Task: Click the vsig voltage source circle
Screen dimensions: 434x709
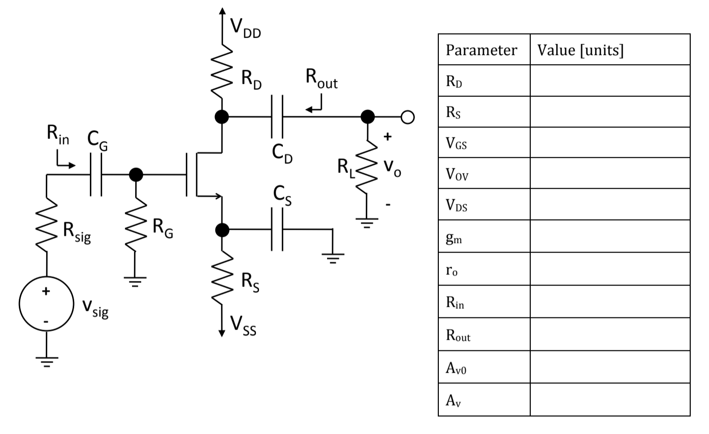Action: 46,304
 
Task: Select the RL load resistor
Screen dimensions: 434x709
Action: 367,167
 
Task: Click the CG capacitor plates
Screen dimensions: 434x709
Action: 96,175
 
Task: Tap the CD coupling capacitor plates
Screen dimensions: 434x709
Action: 277,117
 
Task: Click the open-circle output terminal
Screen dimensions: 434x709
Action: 407,117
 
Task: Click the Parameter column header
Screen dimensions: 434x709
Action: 481,50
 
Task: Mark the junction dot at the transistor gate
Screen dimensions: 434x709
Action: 136,175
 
